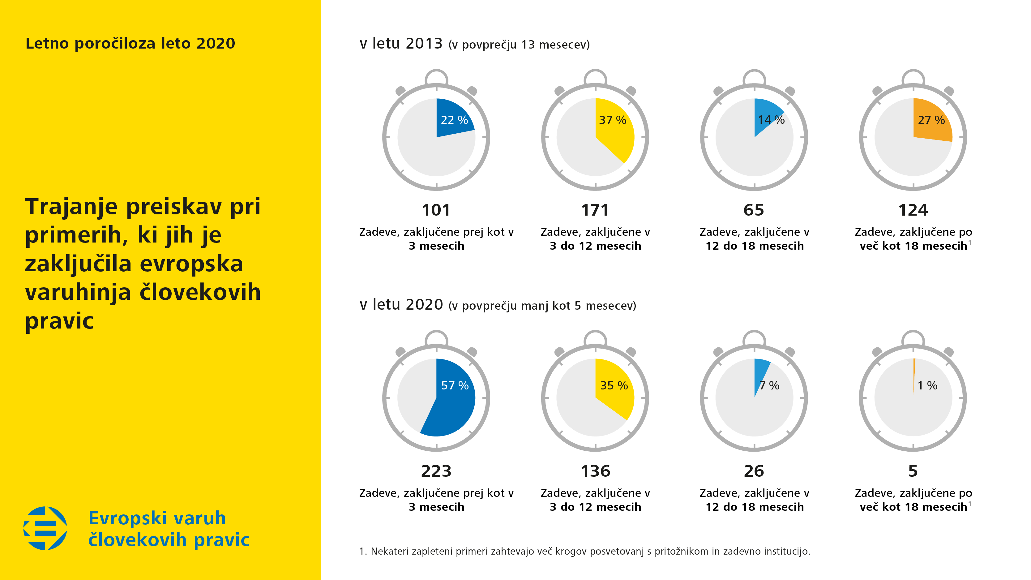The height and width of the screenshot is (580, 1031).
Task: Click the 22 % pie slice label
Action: pyautogui.click(x=454, y=120)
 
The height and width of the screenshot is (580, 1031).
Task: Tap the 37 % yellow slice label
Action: pyautogui.click(x=612, y=120)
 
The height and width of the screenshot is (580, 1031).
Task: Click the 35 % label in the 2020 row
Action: pyautogui.click(x=614, y=385)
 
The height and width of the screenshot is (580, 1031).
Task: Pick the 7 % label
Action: pyautogui.click(x=769, y=385)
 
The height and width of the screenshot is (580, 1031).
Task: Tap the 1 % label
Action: pyautogui.click(x=927, y=385)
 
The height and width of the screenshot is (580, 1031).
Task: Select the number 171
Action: pyautogui.click(x=595, y=210)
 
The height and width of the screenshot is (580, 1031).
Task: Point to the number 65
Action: pyautogui.click(x=754, y=210)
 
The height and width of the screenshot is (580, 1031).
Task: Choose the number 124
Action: pyautogui.click(x=913, y=210)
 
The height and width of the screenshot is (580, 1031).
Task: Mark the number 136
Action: pyautogui.click(x=595, y=471)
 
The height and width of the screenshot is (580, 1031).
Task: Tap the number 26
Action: pyautogui.click(x=754, y=471)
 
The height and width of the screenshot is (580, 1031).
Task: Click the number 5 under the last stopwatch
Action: pyautogui.click(x=913, y=471)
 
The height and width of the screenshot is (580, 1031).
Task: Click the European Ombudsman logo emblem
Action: pyautogui.click(x=45, y=528)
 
